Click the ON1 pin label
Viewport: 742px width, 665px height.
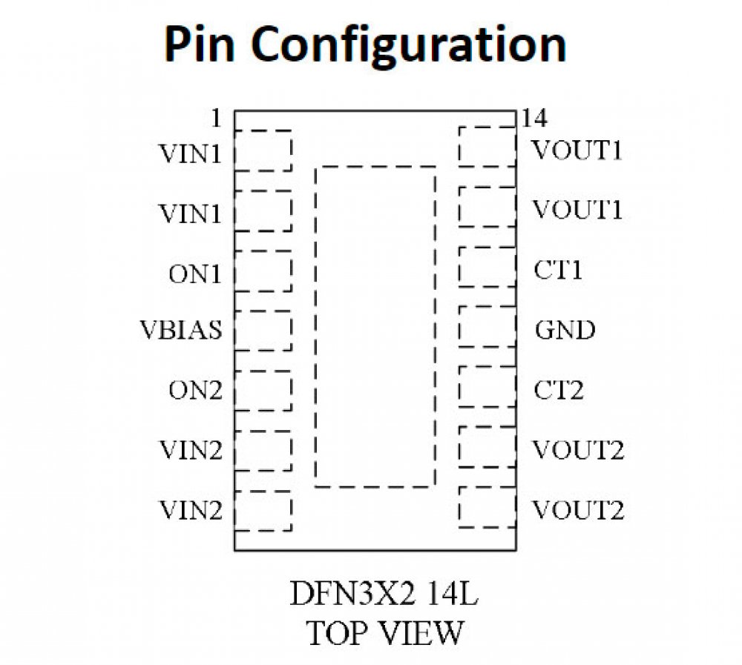point(194,274)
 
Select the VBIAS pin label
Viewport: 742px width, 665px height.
point(180,330)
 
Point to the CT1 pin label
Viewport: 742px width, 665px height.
point(558,270)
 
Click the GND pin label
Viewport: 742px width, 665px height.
point(565,330)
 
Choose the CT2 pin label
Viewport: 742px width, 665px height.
point(559,390)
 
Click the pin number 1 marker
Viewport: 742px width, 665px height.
point(216,118)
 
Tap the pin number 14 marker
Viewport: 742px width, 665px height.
point(534,118)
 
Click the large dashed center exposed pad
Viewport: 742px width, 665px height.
point(375,326)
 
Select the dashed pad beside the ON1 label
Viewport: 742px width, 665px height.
point(263,271)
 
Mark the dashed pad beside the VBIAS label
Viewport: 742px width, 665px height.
point(263,331)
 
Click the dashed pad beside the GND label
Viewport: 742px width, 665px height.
point(487,326)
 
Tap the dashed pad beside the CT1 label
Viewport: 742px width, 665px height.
point(487,266)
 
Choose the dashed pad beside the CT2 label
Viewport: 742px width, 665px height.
point(487,386)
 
